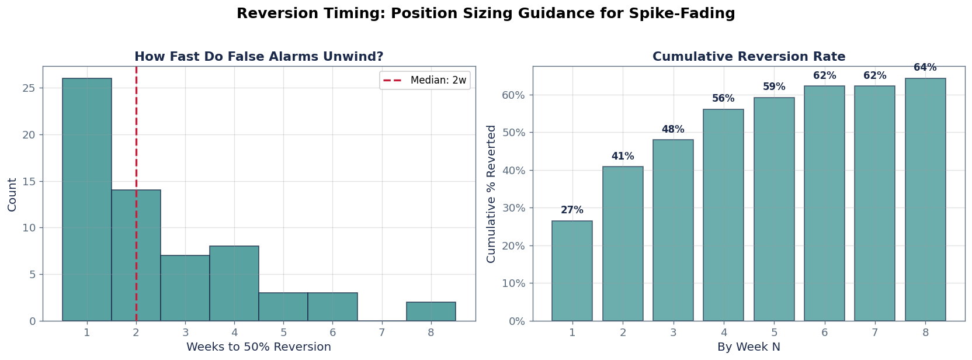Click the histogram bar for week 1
[x=87, y=199]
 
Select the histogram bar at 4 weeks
[x=234, y=283]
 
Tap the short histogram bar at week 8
[x=431, y=311]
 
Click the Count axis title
[x=12, y=195]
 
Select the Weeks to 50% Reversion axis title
[x=258, y=347]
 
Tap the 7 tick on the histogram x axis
[x=382, y=333]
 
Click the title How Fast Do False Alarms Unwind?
[x=259, y=57]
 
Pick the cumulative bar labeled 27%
[x=572, y=271]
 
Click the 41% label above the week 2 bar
[x=623, y=157]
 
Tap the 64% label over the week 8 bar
[x=925, y=68]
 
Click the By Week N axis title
[x=748, y=347]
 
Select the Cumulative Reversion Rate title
[x=748, y=57]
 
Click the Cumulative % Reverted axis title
[x=491, y=193]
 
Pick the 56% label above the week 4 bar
[x=723, y=99]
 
